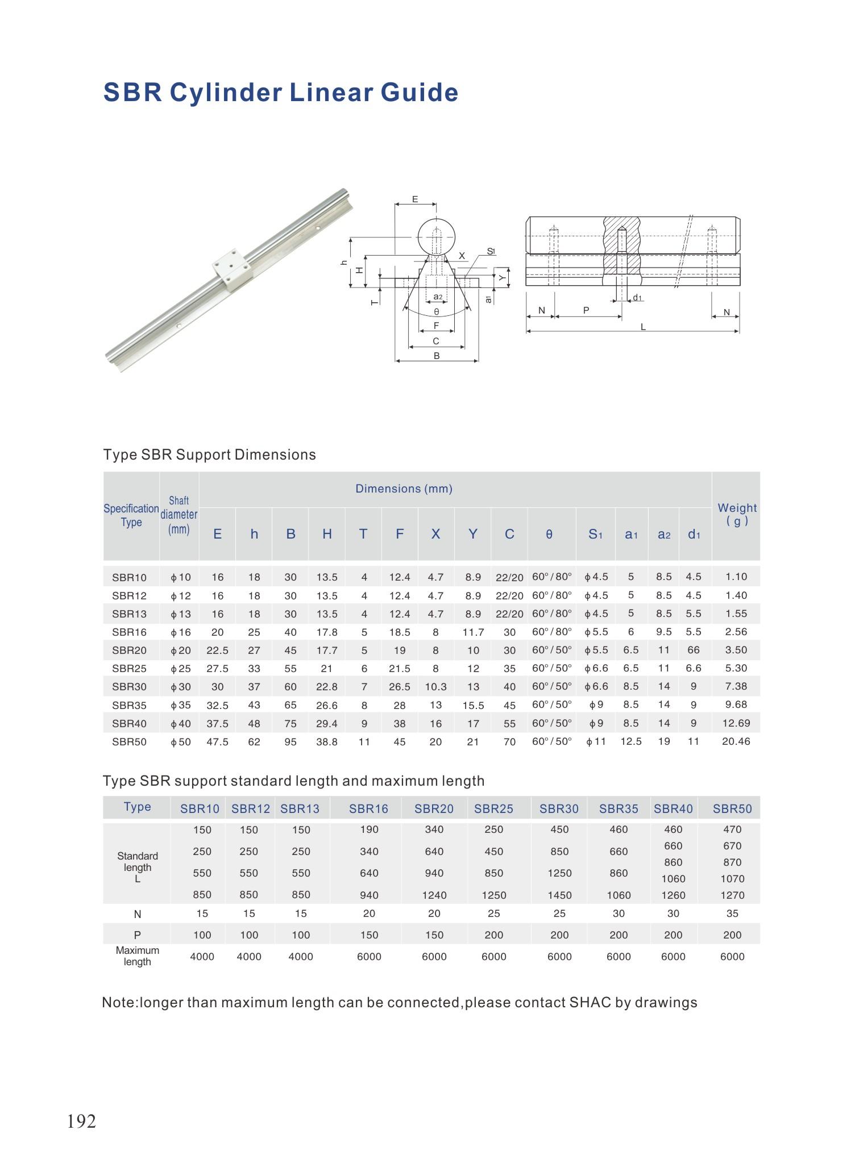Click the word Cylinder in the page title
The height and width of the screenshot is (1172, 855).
(225, 93)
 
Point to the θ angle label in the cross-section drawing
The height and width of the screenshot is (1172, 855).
(436, 312)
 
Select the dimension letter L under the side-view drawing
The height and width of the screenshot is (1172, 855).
(643, 327)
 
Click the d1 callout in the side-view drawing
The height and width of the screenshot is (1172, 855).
(637, 298)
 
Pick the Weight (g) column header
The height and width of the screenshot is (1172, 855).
(737, 514)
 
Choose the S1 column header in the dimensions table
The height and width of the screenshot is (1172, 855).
(595, 534)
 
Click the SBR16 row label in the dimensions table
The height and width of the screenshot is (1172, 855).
(129, 632)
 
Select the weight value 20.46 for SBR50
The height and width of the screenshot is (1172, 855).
(736, 741)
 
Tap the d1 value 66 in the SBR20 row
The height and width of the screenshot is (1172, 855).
(693, 650)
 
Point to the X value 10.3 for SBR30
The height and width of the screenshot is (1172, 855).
(435, 687)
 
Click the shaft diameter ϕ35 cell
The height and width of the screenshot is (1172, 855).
(180, 705)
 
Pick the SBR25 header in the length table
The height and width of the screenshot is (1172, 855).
(493, 808)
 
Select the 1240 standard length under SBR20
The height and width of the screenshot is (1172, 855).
(434, 895)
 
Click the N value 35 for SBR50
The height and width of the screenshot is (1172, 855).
(732, 914)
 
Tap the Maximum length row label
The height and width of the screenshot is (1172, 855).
(137, 956)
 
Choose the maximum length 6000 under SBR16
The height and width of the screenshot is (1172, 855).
(369, 957)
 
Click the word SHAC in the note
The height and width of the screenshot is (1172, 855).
(590, 1003)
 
